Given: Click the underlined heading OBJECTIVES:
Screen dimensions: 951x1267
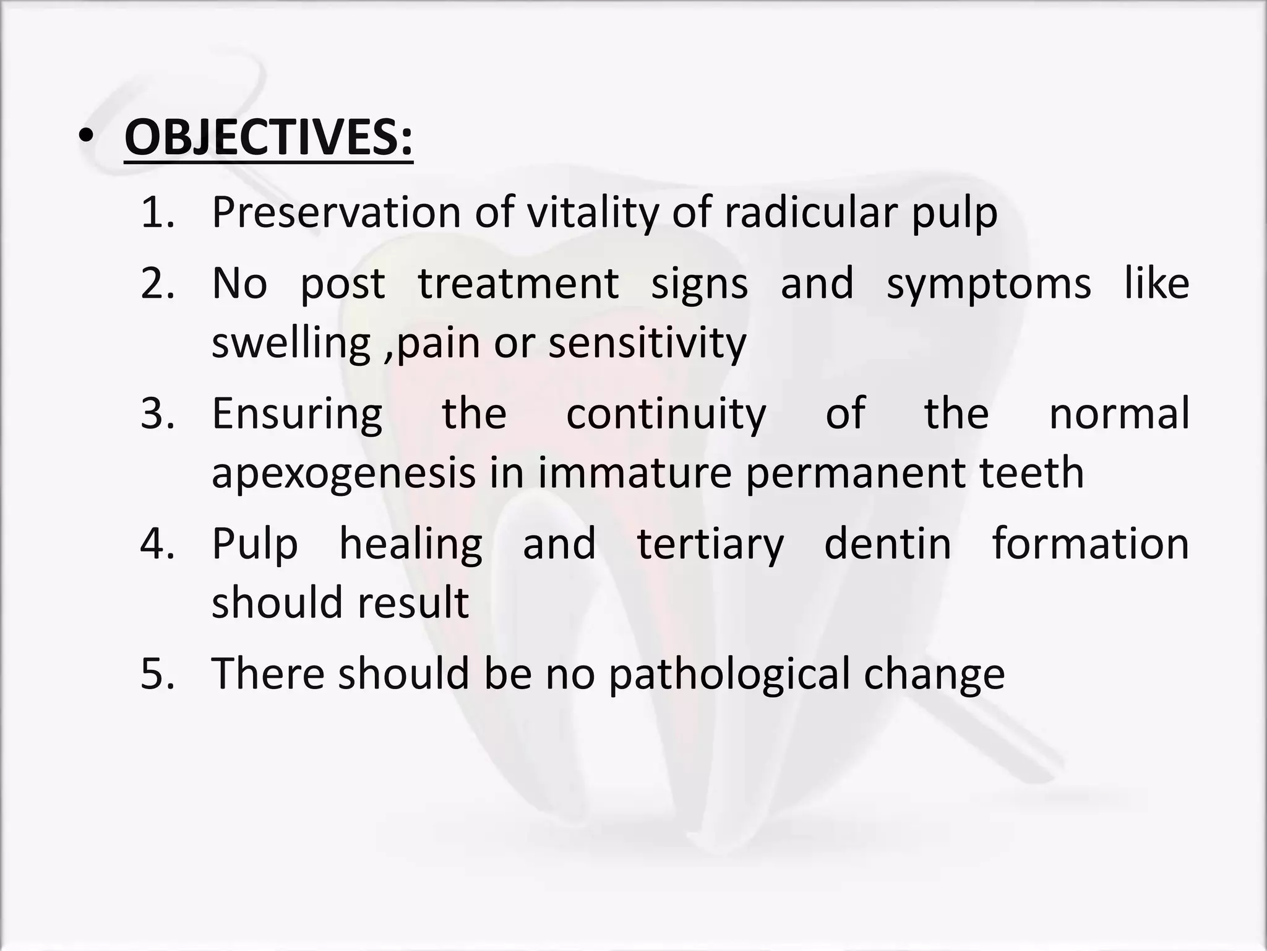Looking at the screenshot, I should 268,138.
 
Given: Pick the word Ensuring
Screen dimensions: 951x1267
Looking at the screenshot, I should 297,415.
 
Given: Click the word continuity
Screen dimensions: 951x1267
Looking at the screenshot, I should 666,415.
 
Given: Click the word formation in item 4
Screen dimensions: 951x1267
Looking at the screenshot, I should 1091,543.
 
